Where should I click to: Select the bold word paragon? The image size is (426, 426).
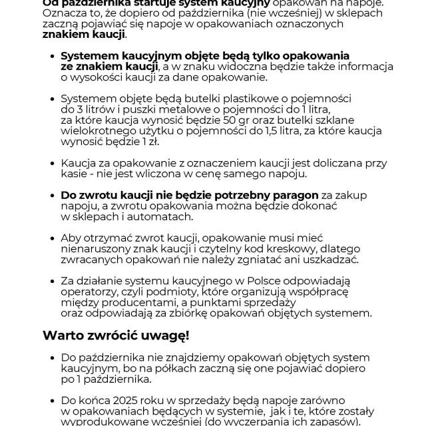pyautogui.click(x=291, y=196)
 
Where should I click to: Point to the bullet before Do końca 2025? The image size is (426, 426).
pyautogui.click(x=52, y=400)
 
